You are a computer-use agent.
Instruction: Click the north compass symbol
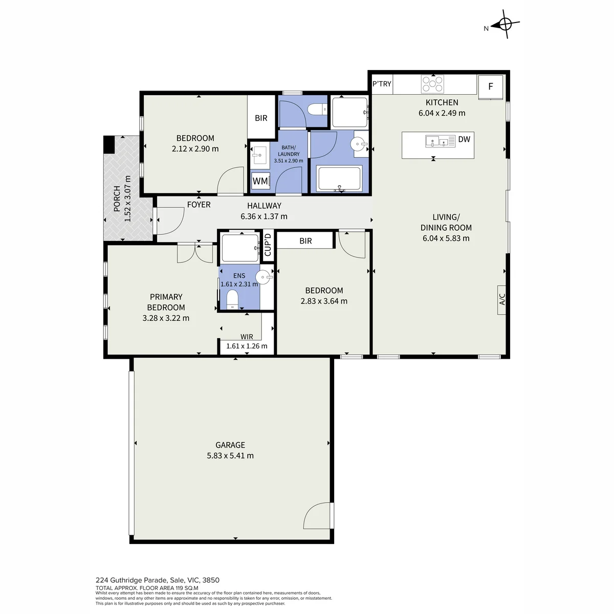coord(505,24)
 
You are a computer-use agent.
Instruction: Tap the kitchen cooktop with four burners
coord(432,84)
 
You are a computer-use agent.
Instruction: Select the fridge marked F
coord(490,87)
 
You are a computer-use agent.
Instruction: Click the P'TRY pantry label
coord(382,84)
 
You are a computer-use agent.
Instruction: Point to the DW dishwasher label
coord(464,139)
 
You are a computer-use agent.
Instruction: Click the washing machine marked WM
coord(260,181)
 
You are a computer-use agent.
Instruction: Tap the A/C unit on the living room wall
coord(501,300)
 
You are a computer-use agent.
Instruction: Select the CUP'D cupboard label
coord(268,245)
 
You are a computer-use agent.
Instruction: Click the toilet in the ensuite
coord(232,300)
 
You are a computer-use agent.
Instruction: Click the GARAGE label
coord(230,445)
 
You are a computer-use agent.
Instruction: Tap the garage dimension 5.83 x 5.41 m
coord(230,456)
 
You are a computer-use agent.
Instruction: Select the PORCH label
coord(117,199)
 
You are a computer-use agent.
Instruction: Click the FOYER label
coord(199,205)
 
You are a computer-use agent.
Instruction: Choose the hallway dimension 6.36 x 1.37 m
coord(264,216)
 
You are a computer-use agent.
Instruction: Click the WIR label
coord(247,337)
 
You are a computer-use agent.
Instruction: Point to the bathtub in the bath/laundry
coord(339,179)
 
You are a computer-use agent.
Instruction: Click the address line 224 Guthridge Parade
coord(158,580)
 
